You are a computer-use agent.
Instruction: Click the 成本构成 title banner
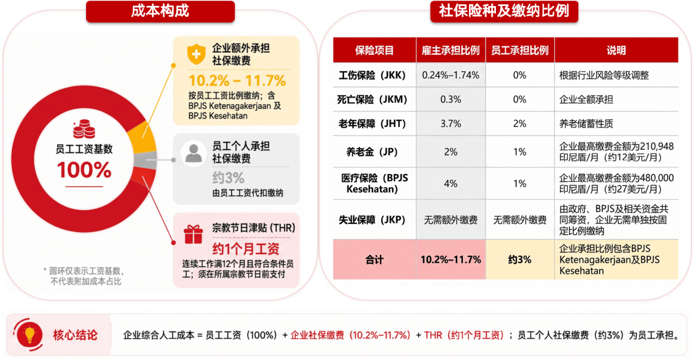[160, 12]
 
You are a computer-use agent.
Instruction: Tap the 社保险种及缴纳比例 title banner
[504, 12]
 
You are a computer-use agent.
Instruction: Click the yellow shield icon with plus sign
[196, 54]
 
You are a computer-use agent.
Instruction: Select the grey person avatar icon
[194, 153]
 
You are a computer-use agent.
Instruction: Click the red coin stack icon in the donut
[84, 129]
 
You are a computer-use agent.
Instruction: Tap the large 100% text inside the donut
[84, 170]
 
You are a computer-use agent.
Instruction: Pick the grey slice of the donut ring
[145, 160]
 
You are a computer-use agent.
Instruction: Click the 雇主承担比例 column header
[450, 50]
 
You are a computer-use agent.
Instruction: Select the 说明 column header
[616, 50]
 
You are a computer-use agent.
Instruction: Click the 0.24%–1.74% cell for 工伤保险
[450, 75]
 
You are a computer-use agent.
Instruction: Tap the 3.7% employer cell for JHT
[450, 124]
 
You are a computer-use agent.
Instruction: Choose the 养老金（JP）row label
[372, 152]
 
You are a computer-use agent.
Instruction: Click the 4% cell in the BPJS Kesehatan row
[450, 183]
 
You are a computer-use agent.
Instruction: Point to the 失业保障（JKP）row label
[372, 220]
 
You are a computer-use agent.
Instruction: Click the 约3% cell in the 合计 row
[519, 260]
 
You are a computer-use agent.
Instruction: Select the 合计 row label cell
[375, 260]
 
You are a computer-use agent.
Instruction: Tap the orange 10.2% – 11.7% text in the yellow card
[238, 81]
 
